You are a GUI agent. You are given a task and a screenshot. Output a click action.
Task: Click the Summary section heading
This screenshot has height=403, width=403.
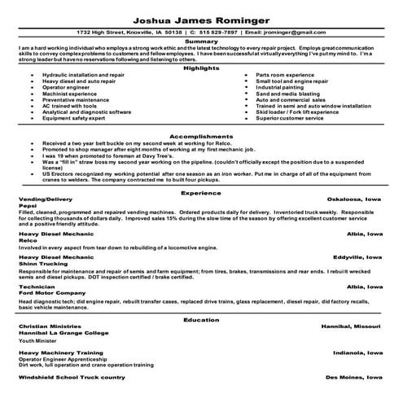point(201,40)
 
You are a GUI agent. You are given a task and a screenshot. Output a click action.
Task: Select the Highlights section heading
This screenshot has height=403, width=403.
point(201,68)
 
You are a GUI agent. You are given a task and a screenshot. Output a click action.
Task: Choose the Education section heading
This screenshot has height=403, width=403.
point(201,321)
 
